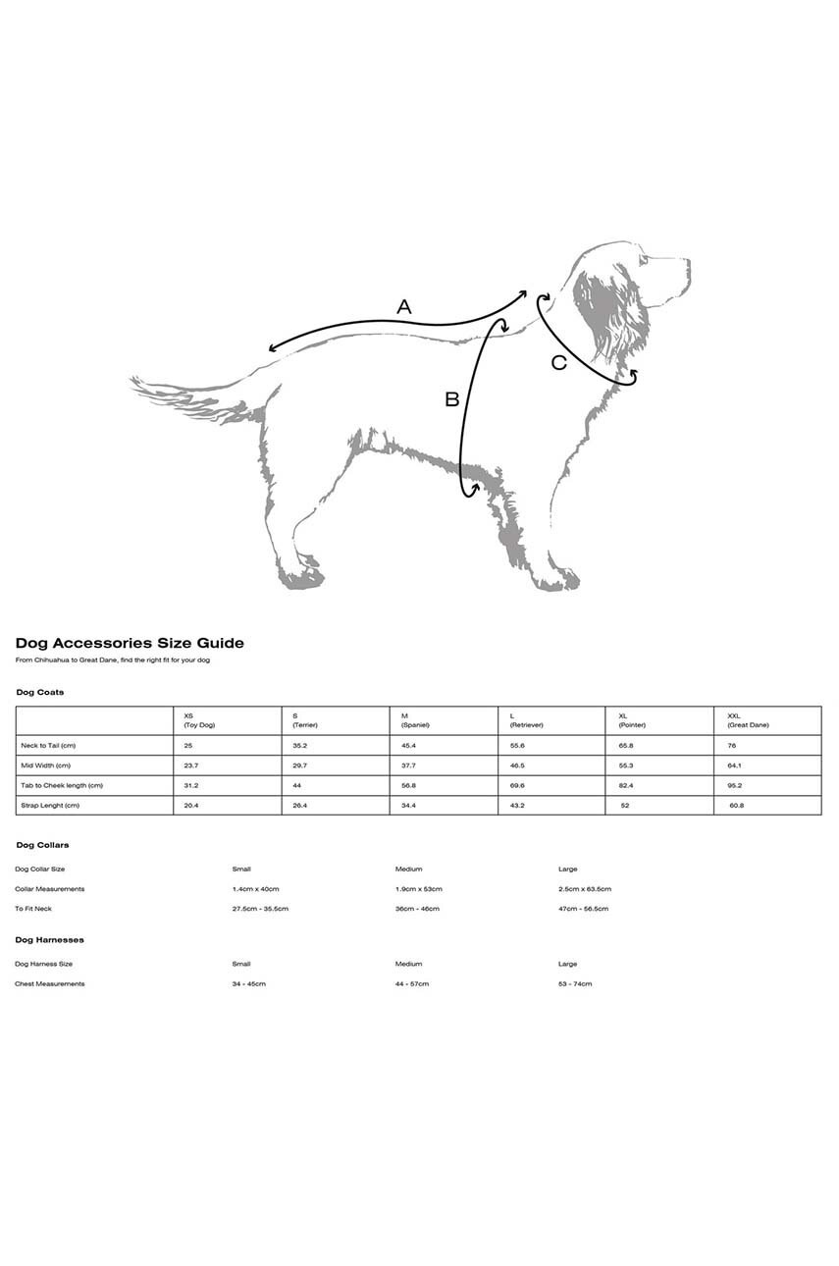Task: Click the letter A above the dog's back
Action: coord(403,307)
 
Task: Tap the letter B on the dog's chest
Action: coord(451,399)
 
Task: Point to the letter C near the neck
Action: coord(559,363)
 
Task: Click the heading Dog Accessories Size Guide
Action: coord(130,644)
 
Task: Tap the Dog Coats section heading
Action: coord(40,693)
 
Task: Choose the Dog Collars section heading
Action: coord(42,845)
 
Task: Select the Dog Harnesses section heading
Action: coord(49,940)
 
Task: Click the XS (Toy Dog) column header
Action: coord(199,720)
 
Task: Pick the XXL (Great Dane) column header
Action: coord(748,720)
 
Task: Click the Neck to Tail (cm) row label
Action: coord(48,746)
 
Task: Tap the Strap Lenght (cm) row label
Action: coord(50,806)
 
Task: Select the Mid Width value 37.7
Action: coord(408,765)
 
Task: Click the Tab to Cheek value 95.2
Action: coord(735,785)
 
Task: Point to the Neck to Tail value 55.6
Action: coord(517,746)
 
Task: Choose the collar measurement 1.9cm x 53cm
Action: coord(419,889)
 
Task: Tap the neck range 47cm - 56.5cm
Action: coord(583,909)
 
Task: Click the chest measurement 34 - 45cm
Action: coord(248,983)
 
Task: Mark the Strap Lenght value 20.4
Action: coord(191,806)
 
